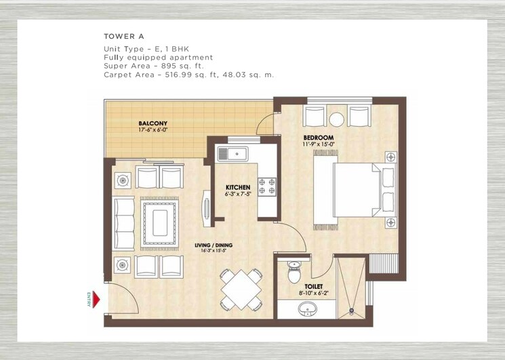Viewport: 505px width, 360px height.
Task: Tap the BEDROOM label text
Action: [x=318, y=137]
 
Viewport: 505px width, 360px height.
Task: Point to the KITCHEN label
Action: [x=238, y=187]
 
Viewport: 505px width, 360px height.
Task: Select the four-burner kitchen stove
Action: [x=266, y=186]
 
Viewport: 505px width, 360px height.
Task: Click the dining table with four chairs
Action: [x=241, y=289]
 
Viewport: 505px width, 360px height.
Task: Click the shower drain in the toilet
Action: [x=351, y=311]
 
